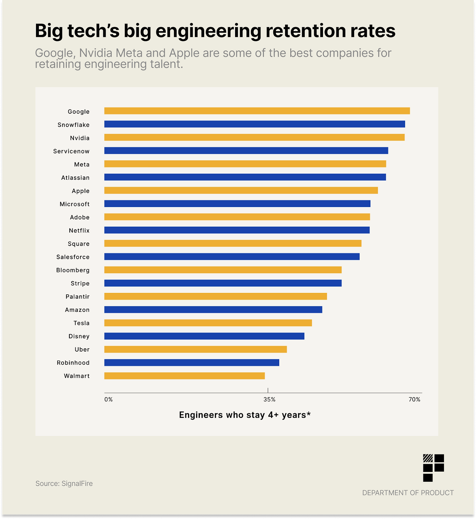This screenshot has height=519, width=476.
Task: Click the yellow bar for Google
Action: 257,111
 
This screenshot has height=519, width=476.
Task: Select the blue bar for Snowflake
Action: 255,124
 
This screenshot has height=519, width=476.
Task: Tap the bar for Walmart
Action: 184,376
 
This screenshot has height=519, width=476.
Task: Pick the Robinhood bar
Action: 192,362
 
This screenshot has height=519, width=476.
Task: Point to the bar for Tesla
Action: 208,323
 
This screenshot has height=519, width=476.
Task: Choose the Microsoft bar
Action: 237,204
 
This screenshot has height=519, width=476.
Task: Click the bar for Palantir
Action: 215,296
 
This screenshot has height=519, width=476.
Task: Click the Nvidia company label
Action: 80,138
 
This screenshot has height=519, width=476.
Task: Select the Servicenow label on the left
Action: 71,151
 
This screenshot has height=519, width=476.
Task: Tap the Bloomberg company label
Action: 73,270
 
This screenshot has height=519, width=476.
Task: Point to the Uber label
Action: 82,350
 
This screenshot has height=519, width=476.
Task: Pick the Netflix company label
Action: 79,231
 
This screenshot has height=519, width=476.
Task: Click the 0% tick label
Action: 109,400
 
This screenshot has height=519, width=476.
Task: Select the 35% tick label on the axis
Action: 269,400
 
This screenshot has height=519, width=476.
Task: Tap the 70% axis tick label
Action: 415,400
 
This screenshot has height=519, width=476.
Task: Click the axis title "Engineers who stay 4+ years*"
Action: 245,415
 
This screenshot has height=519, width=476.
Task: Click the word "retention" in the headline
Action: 305,31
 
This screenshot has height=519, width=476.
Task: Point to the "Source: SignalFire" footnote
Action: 64,483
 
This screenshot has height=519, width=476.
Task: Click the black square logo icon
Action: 433,468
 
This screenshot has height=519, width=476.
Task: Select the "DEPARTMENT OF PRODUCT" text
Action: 408,493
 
